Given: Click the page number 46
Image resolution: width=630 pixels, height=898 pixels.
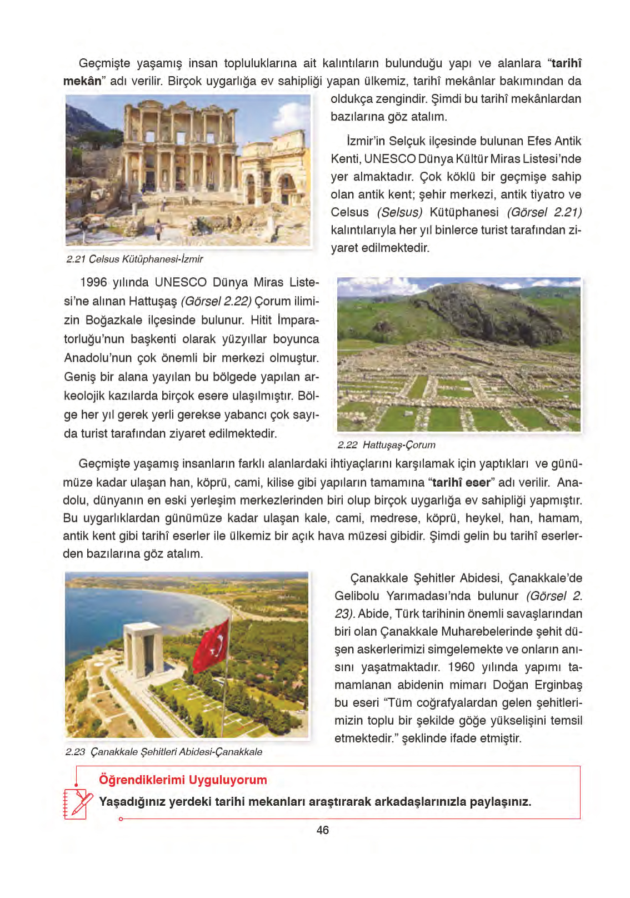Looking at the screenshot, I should [322, 830].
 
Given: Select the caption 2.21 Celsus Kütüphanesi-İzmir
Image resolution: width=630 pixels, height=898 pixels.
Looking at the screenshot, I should [134, 259].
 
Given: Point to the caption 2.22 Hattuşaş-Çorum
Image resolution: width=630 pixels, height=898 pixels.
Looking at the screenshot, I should [386, 445].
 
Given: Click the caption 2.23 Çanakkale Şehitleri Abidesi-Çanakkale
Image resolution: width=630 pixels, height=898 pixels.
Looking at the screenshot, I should [164, 752].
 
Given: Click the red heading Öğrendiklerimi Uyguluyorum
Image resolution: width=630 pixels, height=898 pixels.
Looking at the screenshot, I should [183, 780].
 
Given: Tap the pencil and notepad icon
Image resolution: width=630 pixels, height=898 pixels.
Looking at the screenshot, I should [77, 804].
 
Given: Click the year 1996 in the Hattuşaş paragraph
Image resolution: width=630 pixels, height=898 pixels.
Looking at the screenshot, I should [93, 282].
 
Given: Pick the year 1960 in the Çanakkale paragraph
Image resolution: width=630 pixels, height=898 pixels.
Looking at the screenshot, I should [461, 667].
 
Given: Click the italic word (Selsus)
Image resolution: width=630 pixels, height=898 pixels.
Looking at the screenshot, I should [399, 212].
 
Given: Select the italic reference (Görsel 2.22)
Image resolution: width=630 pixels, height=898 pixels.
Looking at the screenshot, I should [216, 301].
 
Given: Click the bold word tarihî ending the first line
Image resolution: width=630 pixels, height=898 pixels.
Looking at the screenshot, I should [566, 63].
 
